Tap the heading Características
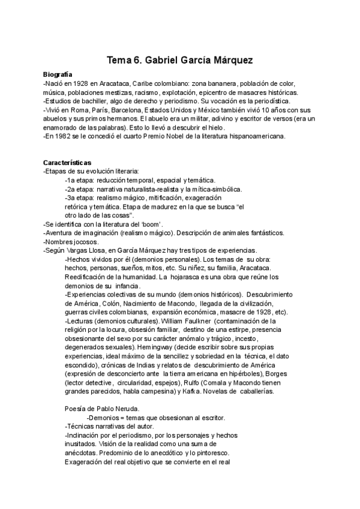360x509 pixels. click(x=67, y=163)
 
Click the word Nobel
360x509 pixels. click(x=171, y=136)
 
